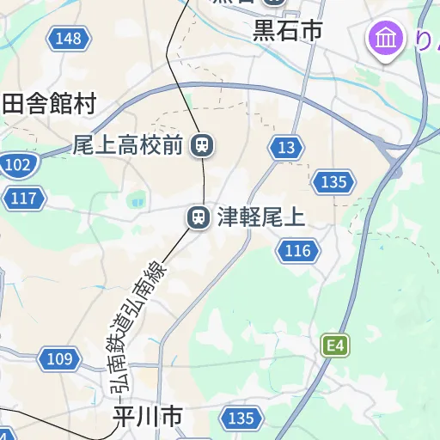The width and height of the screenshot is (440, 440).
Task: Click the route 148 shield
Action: [x=66, y=38]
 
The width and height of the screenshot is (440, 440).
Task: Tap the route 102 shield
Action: [x=17, y=164]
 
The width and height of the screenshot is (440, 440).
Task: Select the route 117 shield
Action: [x=24, y=199]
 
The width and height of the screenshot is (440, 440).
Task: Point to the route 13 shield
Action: [x=286, y=148]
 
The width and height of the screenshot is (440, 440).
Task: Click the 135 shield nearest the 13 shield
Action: [x=332, y=181]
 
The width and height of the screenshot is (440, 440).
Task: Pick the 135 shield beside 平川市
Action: [x=241, y=418]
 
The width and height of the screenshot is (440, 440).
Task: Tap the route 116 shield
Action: [x=296, y=251]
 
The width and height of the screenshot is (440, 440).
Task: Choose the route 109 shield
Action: [x=59, y=359]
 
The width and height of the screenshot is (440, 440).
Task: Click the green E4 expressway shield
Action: [x=337, y=346]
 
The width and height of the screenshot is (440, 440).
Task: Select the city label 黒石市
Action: [x=287, y=31]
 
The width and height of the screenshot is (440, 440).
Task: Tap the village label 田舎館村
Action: [x=49, y=104]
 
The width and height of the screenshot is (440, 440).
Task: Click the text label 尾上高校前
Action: [x=128, y=145]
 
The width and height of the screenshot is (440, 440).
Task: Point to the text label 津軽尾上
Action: [x=260, y=217]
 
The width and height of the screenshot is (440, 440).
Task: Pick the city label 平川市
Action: [x=148, y=418]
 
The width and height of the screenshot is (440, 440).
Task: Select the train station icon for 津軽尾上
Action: [x=199, y=217]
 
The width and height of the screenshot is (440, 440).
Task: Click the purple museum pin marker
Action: [x=387, y=39]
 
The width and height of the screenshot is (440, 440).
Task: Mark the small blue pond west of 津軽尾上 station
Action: [x=136, y=202]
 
